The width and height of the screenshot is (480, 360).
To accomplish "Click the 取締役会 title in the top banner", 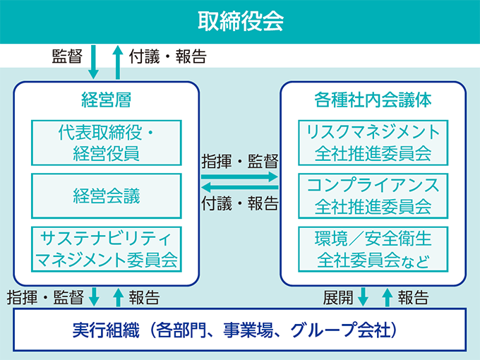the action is [x=240, y=21].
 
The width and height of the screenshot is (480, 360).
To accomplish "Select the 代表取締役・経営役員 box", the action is [x=107, y=143].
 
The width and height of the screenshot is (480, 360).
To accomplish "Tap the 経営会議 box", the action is [x=107, y=196].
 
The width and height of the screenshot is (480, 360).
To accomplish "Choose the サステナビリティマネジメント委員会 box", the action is [x=107, y=249].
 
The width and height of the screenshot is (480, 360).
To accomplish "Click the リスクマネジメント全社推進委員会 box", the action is [x=373, y=143].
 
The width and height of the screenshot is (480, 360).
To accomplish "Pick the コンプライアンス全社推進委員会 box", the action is [x=373, y=196].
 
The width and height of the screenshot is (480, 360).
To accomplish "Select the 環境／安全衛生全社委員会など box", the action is [x=373, y=249].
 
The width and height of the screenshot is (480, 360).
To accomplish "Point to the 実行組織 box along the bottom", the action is [x=240, y=330].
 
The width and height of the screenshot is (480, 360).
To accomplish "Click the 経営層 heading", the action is [x=106, y=100].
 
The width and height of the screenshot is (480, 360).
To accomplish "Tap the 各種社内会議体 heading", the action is [x=373, y=100].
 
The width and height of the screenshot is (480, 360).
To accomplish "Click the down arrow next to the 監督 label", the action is [x=93, y=62].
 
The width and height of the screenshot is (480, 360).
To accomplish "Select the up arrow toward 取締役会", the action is [x=118, y=62].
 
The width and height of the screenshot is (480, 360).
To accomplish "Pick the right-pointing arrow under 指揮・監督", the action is [x=239, y=176].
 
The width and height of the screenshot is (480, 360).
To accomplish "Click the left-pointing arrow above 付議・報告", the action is [x=239, y=187].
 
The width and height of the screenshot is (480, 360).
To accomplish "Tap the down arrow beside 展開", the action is [x=363, y=297].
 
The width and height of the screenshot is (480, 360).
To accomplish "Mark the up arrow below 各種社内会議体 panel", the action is [x=388, y=297].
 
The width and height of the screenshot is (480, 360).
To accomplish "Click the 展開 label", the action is [x=338, y=298].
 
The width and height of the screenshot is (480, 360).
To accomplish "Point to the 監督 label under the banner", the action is [x=67, y=56].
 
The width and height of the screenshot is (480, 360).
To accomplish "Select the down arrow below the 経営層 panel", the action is [x=94, y=297].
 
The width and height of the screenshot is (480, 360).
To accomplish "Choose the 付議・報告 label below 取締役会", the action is [x=168, y=56].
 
